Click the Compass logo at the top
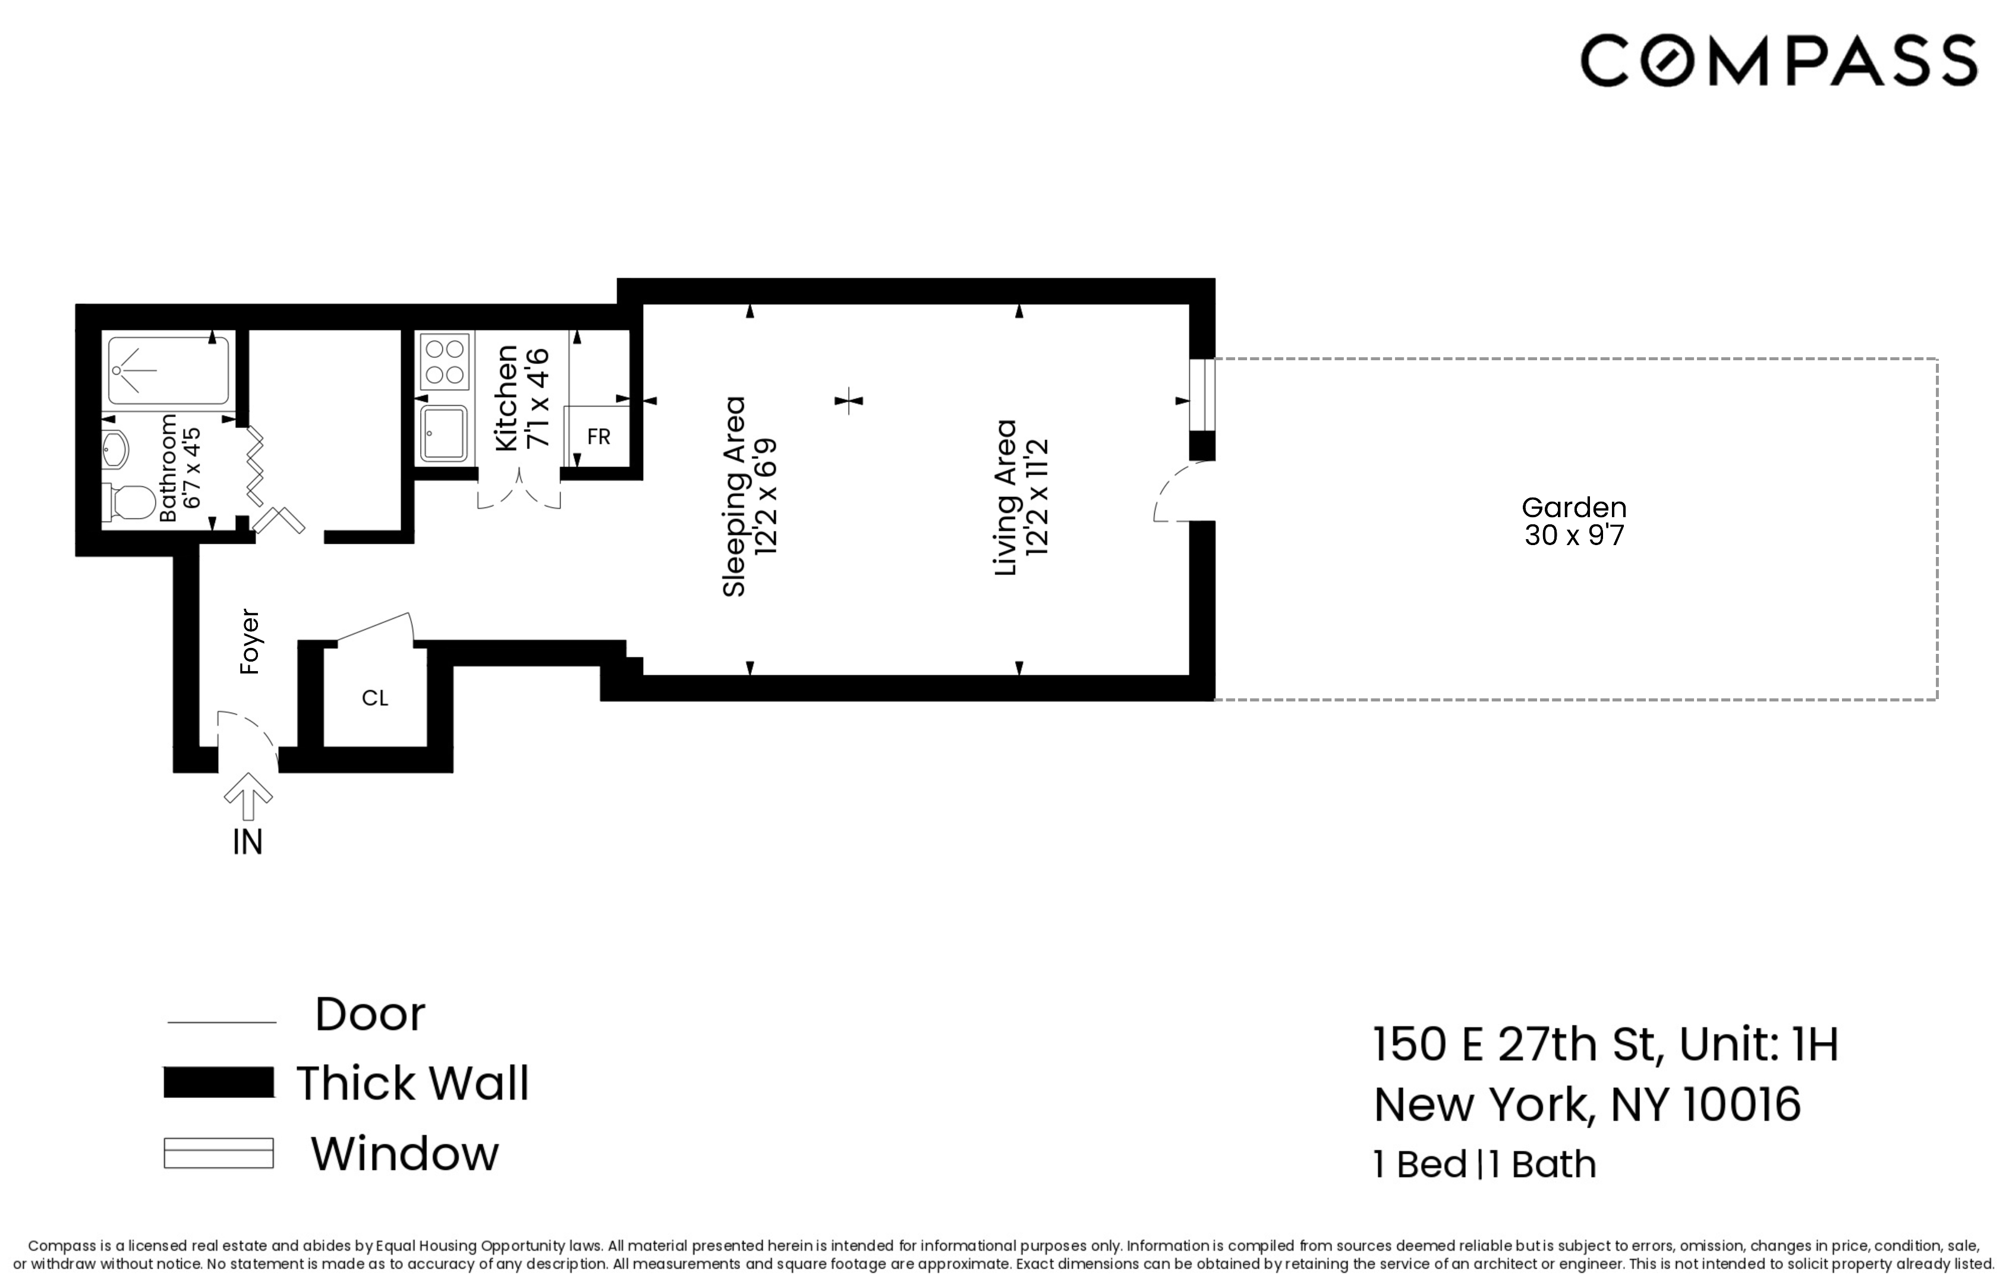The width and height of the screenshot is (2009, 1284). point(1778,60)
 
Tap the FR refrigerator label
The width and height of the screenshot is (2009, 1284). point(598,436)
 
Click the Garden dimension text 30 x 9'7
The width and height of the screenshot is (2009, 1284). point(1573,536)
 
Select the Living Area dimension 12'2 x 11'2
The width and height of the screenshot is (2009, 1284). point(1037,496)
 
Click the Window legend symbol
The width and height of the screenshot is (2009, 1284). point(219,1153)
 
